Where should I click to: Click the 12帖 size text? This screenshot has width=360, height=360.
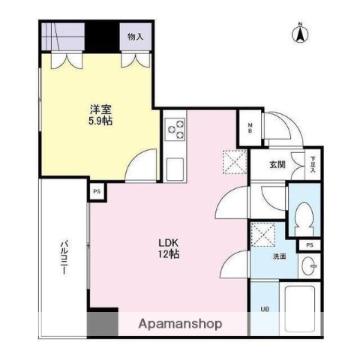(167, 255)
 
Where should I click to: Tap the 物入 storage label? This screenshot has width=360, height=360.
(136, 37)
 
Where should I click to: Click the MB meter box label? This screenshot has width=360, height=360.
(250, 127)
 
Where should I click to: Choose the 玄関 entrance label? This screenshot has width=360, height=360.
(278, 165)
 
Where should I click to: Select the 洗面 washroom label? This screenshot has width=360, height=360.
(279, 256)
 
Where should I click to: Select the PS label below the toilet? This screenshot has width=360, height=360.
(309, 245)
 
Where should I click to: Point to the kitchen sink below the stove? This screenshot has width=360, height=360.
(175, 166)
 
